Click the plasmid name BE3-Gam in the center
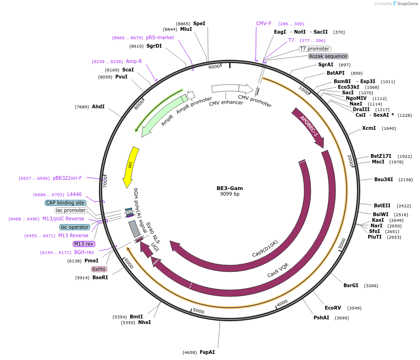[230, 188]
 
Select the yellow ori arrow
[131, 166]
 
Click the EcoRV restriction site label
[333, 308]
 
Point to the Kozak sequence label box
[328, 56]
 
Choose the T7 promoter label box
[315, 49]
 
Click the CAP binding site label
[65, 203]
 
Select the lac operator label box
[75, 227]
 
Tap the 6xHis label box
[99, 269]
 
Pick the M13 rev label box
[84, 244]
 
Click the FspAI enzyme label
[207, 352]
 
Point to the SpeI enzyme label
[199, 23]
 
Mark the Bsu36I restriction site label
[384, 179]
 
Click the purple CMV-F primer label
[264, 23]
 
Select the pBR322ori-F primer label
[67, 178]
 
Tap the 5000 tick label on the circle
[199, 311]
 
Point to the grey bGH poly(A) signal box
[134, 229]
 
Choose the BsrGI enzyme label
[351, 285]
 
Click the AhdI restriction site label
[98, 106]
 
